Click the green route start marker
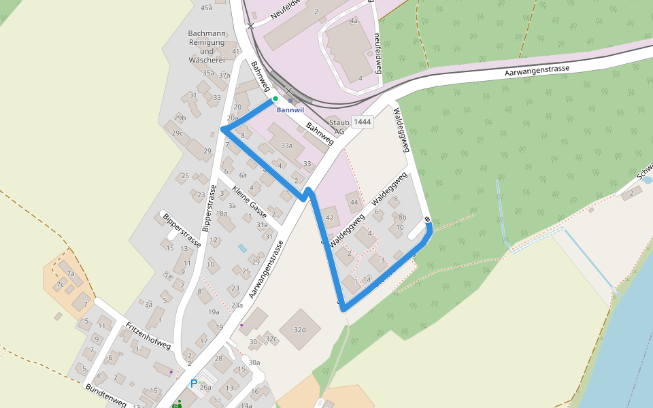click(x=275, y=99)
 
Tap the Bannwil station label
click(x=290, y=110)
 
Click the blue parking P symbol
click(x=194, y=384)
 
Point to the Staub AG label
click(x=339, y=126)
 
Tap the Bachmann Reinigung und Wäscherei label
click(x=207, y=46)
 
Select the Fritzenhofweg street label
click(x=148, y=335)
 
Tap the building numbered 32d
click(x=300, y=330)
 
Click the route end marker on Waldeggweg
click(x=427, y=219)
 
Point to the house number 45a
click(x=207, y=7)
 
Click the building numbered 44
click(x=354, y=202)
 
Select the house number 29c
click(x=178, y=133)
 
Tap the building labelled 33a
click(x=286, y=145)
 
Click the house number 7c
click(x=61, y=284)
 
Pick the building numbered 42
click(x=330, y=218)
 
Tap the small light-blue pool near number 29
click(x=242, y=248)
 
